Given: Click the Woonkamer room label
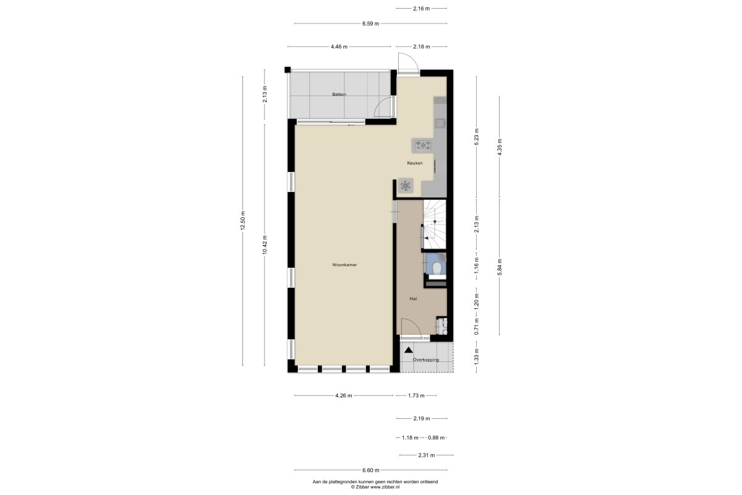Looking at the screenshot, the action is (344, 265).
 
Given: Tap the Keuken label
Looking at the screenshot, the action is (415, 163).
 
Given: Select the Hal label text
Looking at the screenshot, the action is (413, 299).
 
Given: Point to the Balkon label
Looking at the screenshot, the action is (339, 95).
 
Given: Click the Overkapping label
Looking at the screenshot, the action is (425, 359).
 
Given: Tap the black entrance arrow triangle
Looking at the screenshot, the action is (409, 350).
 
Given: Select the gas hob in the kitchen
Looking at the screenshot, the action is (423, 145).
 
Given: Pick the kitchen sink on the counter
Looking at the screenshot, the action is (440, 123).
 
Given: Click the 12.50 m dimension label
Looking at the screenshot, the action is (243, 221).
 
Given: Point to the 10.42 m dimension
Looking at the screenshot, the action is (265, 244).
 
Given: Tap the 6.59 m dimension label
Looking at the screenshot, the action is (370, 24).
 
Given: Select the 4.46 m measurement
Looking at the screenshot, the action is (339, 47).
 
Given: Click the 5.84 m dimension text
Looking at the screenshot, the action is (500, 267).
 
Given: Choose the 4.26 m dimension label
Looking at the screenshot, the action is (344, 395).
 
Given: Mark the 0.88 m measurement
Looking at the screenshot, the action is (437, 437).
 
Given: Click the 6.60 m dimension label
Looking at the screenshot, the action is (370, 470).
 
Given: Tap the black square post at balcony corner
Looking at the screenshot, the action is (288, 70).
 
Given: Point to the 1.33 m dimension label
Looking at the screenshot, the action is (477, 357).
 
